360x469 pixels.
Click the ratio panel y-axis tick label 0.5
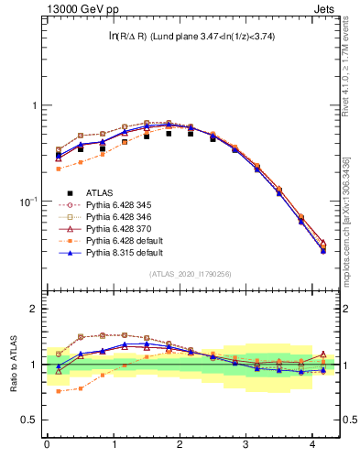pos(28,420)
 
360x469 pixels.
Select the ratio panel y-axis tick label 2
pos(33,309)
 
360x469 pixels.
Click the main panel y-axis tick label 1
pos(33,105)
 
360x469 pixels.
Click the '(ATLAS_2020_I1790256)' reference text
pos(189,274)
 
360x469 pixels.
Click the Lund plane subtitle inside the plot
pos(191,37)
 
